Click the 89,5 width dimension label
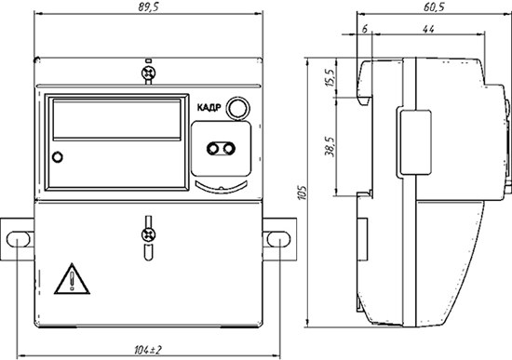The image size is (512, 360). (148, 7)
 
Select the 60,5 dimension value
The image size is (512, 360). (434, 7)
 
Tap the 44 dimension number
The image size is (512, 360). (428, 29)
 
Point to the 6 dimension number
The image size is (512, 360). (365, 29)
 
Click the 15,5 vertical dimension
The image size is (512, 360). (330, 78)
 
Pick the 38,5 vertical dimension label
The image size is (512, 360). (330, 146)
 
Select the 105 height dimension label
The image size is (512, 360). (303, 193)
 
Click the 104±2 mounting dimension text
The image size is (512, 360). (148, 350)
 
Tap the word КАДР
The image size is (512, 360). (209, 107)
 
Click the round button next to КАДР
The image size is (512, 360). (238, 108)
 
